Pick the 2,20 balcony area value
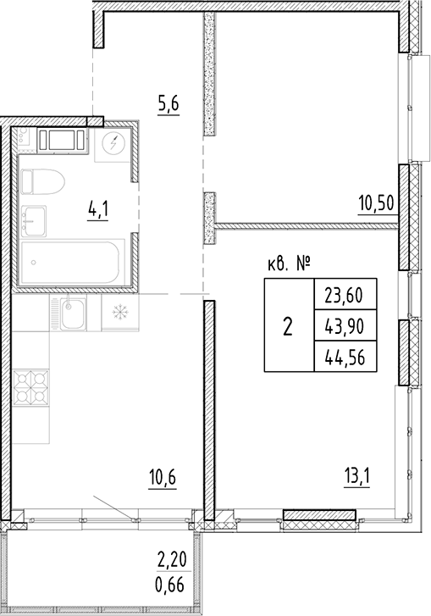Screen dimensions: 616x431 click(173, 560)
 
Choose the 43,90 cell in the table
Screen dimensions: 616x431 click(344, 326)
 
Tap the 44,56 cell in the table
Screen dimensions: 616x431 click(344, 356)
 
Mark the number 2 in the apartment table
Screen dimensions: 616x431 click(288, 326)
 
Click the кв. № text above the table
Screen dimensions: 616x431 click(285, 265)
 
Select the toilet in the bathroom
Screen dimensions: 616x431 click(41, 180)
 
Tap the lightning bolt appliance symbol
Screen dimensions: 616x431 click(113, 143)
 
